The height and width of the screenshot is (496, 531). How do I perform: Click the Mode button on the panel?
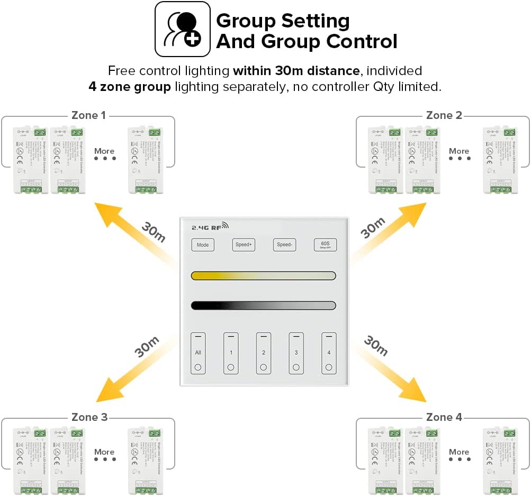click(203, 245)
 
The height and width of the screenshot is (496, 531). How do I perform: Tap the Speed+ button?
click(244, 245)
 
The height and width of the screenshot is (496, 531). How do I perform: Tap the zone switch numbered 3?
click(296, 353)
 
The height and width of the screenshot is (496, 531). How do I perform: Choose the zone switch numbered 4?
click(329, 353)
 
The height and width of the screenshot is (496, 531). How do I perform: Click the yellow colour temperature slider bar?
click(263, 275)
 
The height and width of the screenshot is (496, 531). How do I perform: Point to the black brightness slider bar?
click(263, 305)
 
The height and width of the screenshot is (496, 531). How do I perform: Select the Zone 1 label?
click(89, 115)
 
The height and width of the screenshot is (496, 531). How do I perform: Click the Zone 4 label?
click(444, 417)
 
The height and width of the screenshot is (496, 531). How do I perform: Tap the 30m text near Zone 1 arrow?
click(154, 231)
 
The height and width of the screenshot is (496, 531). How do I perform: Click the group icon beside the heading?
click(182, 29)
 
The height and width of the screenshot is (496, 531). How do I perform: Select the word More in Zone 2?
click(459, 151)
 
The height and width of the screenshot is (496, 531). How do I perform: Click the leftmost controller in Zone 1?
click(31, 160)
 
